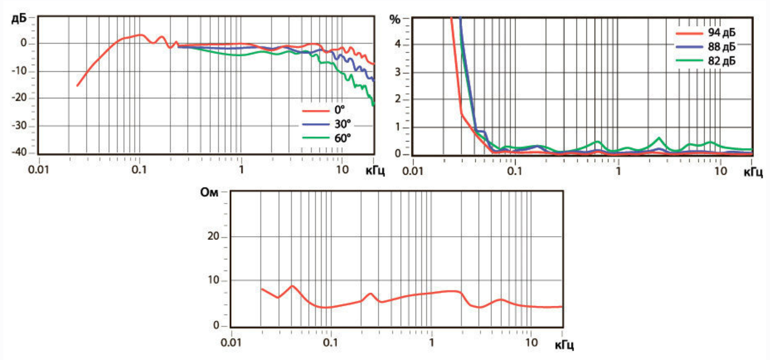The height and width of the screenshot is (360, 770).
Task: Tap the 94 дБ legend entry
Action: (x=722, y=34)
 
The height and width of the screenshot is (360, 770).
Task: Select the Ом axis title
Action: (x=211, y=193)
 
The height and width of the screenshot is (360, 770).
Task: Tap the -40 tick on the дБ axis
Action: (x=25, y=153)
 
